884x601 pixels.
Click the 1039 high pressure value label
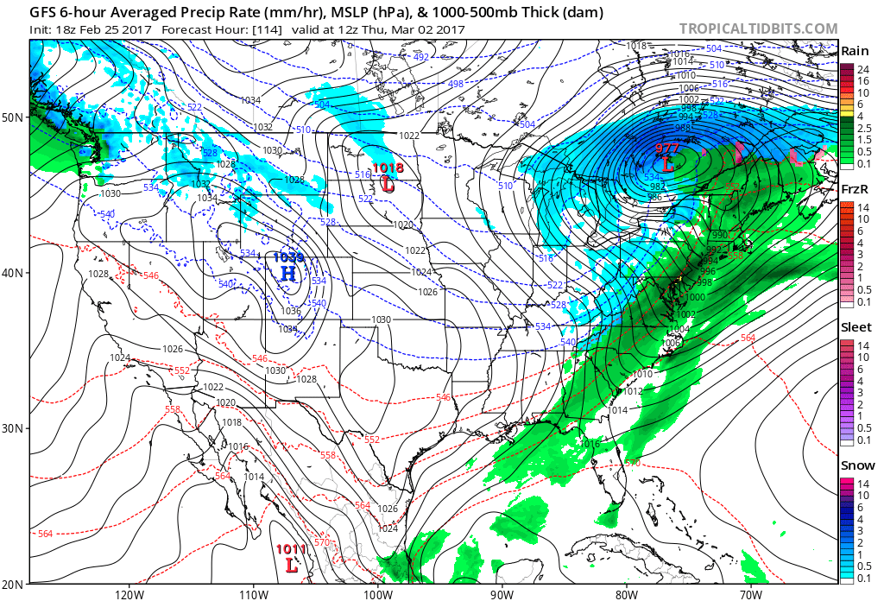pos(288,257)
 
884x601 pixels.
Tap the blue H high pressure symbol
pos(288,274)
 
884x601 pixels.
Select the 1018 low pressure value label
pos(388,168)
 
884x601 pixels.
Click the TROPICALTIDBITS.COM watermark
pos(758,29)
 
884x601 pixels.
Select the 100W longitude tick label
pos(377,593)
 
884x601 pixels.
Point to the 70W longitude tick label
pos(750,593)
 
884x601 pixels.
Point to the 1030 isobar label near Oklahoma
pos(382,319)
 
